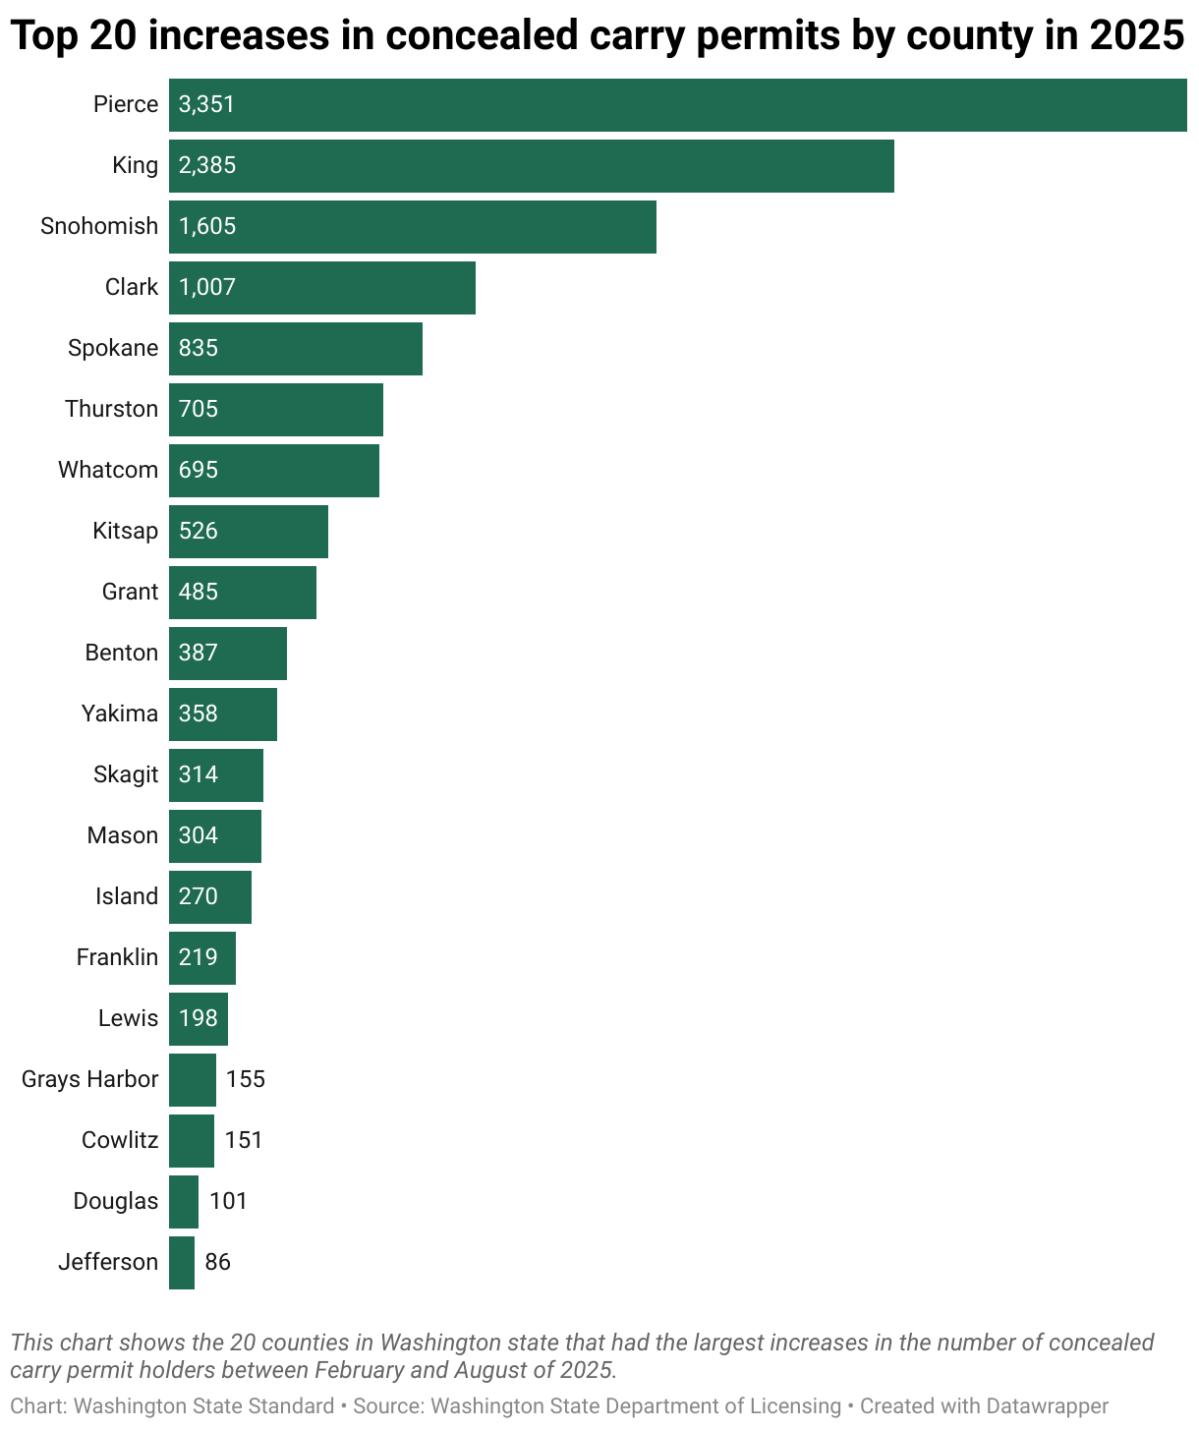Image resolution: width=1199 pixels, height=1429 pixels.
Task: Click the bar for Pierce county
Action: click(678, 104)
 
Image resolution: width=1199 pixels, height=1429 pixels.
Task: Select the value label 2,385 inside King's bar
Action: click(207, 165)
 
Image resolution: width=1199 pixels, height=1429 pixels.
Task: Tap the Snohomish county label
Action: click(99, 226)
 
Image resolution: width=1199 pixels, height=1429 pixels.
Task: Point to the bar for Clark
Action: click(322, 287)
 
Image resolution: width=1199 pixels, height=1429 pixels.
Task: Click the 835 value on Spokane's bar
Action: click(199, 348)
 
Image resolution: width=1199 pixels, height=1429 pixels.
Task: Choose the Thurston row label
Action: click(111, 409)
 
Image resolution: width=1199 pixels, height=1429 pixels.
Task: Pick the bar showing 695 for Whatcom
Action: click(274, 470)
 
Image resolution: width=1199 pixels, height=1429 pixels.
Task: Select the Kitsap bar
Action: click(249, 531)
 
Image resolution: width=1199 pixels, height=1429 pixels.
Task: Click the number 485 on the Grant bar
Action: click(199, 592)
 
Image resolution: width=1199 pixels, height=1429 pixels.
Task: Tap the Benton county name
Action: click(121, 653)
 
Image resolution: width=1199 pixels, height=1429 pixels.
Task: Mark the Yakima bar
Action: click(223, 714)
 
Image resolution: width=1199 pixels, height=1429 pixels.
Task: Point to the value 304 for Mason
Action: click(199, 835)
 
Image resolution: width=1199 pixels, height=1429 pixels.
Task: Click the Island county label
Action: click(127, 896)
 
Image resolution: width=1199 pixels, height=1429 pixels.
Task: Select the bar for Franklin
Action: click(202, 957)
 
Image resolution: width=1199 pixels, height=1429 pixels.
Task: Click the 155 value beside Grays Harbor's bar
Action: click(246, 1079)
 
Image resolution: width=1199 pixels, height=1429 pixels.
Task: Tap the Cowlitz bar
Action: click(192, 1140)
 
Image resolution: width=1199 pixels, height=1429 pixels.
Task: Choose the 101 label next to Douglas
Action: click(228, 1201)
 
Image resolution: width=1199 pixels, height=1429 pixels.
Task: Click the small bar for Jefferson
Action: click(182, 1262)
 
